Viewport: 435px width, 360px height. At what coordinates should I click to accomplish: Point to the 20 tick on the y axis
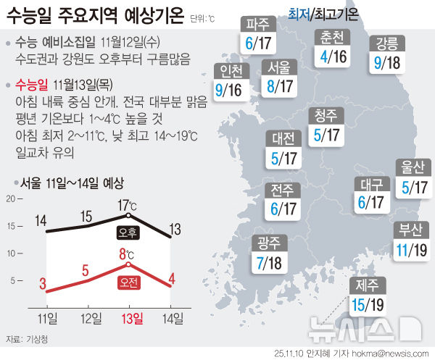11,198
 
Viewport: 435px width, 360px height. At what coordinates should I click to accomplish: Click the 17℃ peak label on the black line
128,204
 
